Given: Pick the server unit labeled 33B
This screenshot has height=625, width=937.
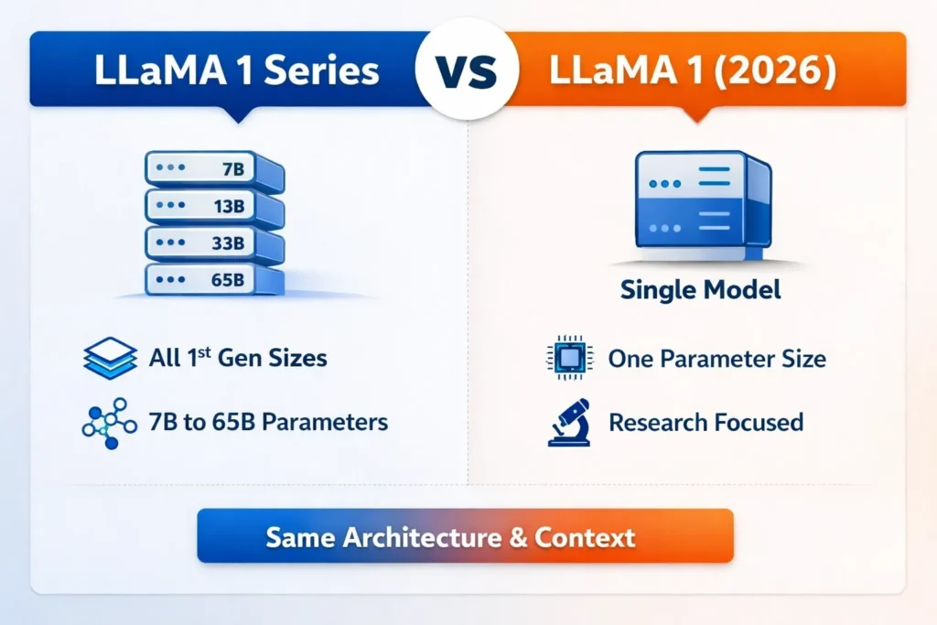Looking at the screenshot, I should (213, 243).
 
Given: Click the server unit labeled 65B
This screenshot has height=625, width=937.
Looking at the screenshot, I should (213, 279).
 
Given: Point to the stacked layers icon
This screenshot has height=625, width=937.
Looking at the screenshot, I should (109, 357).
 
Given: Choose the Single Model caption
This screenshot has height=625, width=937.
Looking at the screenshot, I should (700, 290).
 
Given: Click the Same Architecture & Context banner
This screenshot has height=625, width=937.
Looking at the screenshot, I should (465, 536).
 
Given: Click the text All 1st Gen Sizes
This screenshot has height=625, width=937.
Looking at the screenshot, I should (238, 357).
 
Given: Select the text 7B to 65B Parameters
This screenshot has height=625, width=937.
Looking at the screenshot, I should (268, 423).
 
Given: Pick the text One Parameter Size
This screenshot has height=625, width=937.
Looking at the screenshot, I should (717, 358).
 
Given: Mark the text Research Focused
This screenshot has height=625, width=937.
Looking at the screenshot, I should (705, 423).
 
